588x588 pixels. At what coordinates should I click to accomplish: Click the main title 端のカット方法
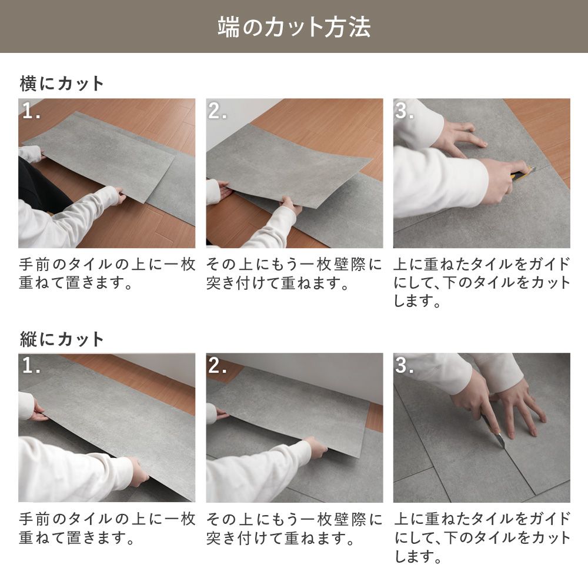[294, 27]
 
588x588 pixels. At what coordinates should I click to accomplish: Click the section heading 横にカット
[62, 83]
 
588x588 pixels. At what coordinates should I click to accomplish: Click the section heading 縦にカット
[62, 339]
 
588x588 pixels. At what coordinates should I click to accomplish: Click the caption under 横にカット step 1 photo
[106, 273]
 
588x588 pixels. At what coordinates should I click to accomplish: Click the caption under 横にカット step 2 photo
[294, 273]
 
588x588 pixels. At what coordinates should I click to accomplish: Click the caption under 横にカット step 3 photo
[482, 283]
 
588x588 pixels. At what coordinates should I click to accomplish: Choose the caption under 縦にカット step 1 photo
[106, 528]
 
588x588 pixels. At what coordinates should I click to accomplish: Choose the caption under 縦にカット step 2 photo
[294, 528]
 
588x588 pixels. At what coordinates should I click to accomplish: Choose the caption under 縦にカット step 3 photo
[482, 537]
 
